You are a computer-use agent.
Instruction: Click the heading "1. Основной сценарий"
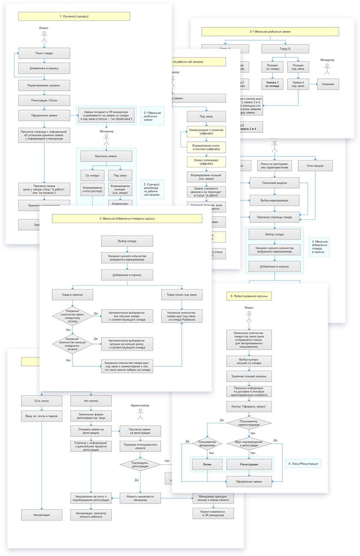[74, 16]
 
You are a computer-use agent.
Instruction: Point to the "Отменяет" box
[328, 84]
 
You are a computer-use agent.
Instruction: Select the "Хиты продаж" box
[315, 166]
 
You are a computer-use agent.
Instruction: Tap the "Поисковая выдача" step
[274, 183]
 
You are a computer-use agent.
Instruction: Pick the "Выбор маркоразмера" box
[274, 200]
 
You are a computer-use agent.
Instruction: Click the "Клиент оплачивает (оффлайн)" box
[206, 161]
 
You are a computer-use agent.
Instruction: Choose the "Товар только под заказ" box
[182, 295]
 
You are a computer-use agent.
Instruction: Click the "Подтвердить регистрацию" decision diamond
[140, 463]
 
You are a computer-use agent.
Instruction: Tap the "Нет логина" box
[91, 401]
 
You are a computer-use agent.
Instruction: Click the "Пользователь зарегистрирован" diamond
[249, 423]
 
